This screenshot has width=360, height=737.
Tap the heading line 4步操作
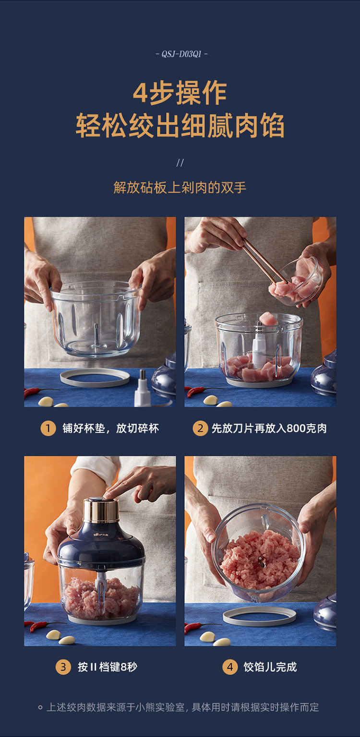pyautogui.click(x=180, y=93)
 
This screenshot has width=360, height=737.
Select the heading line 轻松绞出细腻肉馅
pyautogui.click(x=180, y=125)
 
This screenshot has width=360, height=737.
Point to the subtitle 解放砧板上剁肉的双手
pyautogui.click(x=180, y=188)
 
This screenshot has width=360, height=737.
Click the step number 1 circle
pyautogui.click(x=48, y=428)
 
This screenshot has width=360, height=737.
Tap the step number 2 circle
pyautogui.click(x=200, y=428)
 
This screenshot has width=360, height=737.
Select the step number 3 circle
pyautogui.click(x=63, y=667)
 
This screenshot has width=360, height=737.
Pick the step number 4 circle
pyautogui.click(x=230, y=667)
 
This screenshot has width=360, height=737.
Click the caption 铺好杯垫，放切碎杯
pyautogui.click(x=111, y=428)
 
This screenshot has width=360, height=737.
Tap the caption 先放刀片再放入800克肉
pyautogui.click(x=269, y=428)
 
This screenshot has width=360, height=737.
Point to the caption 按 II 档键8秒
pyautogui.click(x=107, y=667)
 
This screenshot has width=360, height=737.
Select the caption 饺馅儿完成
pyautogui.click(x=270, y=667)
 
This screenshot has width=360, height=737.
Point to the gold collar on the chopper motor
pyautogui.click(x=101, y=511)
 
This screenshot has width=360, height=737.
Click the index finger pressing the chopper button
pyautogui.click(x=123, y=483)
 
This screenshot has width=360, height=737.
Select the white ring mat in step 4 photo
pyautogui.click(x=259, y=616)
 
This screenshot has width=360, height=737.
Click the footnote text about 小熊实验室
pyautogui.click(x=182, y=707)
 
